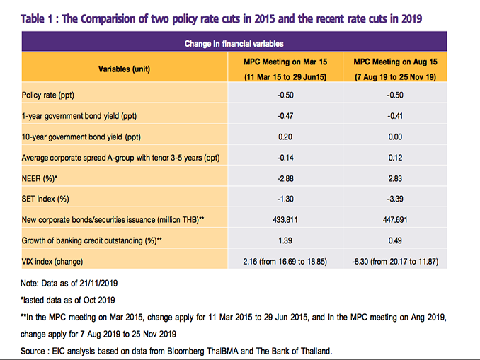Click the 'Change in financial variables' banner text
pos(234,44)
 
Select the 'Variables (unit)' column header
pos(125,69)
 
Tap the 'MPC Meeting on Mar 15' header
pos(285,62)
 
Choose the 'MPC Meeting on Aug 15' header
pos(395,62)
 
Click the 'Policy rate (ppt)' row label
pos(48,95)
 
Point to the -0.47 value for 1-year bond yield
pos(285,116)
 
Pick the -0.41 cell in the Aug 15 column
pos(395,116)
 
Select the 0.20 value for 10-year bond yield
pos(285,137)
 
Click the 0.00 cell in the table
pos(395,137)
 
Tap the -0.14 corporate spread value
pos(285,158)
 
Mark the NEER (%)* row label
pos(40,178)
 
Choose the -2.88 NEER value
pos(285,178)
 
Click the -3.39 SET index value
pos(395,199)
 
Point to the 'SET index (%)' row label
pos(45,199)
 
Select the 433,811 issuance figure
pos(285,220)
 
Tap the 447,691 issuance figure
pos(395,220)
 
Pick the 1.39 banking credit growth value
pos(285,240)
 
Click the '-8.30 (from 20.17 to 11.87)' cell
pos(395,262)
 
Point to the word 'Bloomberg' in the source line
pos(185,351)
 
